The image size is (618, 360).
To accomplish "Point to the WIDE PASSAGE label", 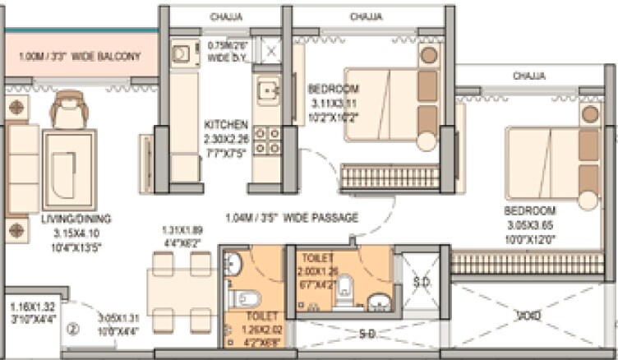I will (293, 218).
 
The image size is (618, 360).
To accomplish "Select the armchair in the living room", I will (67, 108).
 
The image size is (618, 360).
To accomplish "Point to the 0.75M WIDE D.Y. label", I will (227, 52).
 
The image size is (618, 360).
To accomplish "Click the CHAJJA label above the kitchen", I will (225, 16).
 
